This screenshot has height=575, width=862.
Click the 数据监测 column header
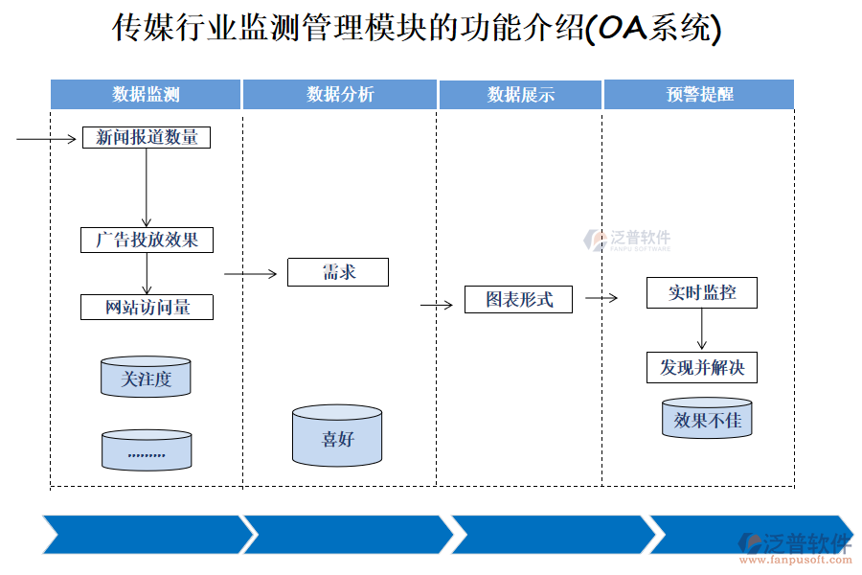pos(146,94)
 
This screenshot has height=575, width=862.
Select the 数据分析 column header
pos(340,94)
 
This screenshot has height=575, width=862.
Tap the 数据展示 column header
pos(520,94)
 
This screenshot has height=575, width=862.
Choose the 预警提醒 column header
pos(699,94)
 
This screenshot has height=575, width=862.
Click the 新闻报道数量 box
pos(147,138)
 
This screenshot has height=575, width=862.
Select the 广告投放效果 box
pos(147,240)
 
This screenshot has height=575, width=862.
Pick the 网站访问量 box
pos(147,308)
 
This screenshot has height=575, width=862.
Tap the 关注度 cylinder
pos(146,378)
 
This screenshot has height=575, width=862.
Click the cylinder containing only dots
pos(146,450)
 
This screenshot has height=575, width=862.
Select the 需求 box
pos(338,272)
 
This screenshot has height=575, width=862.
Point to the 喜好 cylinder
pos(337,436)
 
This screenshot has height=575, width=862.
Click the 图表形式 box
pos(519,299)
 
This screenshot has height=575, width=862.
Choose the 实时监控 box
pos(702,293)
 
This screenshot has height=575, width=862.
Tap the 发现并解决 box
pos(702,367)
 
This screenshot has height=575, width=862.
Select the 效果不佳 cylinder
pos(707,419)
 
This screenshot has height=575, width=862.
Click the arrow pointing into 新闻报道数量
pos(46,139)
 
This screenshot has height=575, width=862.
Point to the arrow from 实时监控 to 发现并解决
pos(702,330)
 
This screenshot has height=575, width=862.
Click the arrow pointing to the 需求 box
pos(250,274)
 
